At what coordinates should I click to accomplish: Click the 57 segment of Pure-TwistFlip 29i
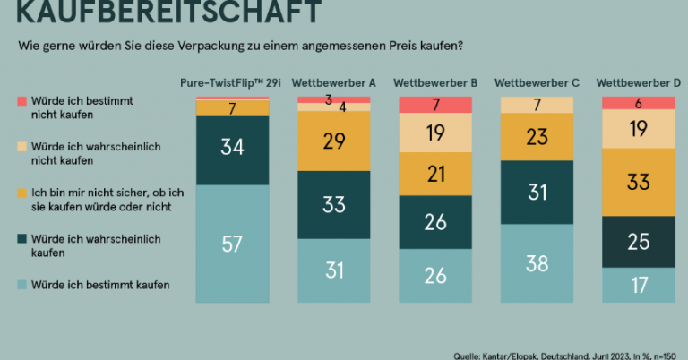pyautogui.click(x=233, y=243)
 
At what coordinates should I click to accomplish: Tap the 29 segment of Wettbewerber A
pyautogui.click(x=334, y=141)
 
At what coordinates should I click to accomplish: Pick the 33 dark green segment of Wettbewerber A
pyautogui.click(x=334, y=205)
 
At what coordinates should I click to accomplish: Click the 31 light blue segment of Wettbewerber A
pyautogui.click(x=334, y=270)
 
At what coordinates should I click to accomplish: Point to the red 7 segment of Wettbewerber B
pyautogui.click(x=435, y=105)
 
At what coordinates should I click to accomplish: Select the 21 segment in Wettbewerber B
pyautogui.click(x=435, y=174)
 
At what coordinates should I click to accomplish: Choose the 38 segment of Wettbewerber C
pyautogui.click(x=537, y=263)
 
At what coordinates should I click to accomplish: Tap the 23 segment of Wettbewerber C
pyautogui.click(x=537, y=138)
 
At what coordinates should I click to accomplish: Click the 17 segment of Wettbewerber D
pyautogui.click(x=638, y=286)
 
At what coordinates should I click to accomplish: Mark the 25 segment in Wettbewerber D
pyautogui.click(x=638, y=241)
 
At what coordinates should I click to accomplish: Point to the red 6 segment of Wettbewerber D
pyautogui.click(x=638, y=102)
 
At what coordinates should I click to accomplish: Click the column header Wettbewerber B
pyautogui.click(x=435, y=83)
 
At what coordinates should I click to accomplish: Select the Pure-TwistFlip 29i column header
pyautogui.click(x=232, y=83)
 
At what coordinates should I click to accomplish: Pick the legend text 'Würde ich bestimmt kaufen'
pyautogui.click(x=100, y=286)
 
